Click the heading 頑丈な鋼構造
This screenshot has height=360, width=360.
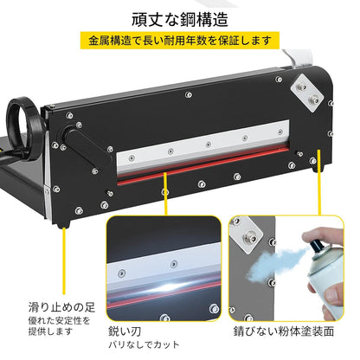click(x=180, y=19)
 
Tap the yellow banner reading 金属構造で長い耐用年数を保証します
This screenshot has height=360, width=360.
click(x=180, y=41)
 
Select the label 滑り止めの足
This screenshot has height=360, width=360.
click(x=61, y=307)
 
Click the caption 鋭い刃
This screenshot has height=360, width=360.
click(x=125, y=331)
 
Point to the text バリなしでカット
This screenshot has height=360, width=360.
click(x=144, y=344)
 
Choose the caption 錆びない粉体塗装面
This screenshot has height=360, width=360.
click(x=284, y=331)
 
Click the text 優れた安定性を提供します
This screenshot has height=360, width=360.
click(x=59, y=325)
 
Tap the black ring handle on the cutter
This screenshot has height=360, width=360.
click(x=24, y=127)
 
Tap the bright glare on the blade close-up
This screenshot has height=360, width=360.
click(x=170, y=287)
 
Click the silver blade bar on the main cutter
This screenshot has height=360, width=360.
click(x=202, y=149)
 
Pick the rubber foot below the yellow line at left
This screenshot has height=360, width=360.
click(x=63, y=225)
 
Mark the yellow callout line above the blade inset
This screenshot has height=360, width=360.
click(x=165, y=194)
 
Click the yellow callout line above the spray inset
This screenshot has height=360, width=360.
click(x=319, y=183)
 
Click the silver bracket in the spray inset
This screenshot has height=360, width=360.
click(x=247, y=235)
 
